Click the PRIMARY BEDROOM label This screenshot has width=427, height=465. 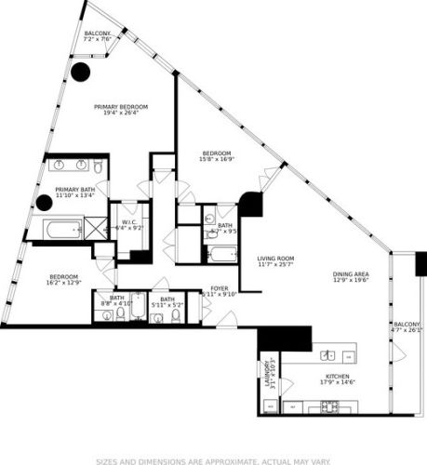point(121,107)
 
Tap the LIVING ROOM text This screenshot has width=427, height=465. point(275,259)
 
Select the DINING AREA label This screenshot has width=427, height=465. point(351,274)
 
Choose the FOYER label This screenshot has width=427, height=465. point(220,288)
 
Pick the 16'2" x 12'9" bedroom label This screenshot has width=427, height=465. point(63,276)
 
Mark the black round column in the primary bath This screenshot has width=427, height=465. point(44,202)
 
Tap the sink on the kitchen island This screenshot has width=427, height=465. point(327,355)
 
